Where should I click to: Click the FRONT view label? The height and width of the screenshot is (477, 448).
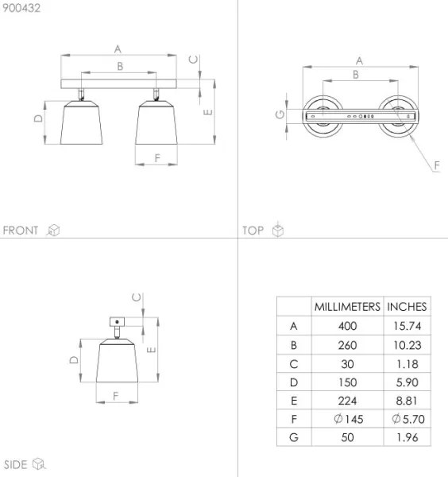pos(21,231)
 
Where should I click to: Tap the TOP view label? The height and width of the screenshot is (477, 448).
pos(253,231)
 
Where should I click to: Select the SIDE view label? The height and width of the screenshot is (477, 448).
pos(16,464)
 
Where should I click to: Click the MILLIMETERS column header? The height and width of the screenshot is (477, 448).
pos(347,306)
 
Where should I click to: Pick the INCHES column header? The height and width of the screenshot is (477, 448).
pos(407,306)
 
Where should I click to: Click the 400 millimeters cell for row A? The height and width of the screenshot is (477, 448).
pos(347,326)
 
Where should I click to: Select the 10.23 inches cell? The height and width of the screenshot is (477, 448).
pos(407,345)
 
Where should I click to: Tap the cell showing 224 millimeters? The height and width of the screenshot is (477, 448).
pos(347,401)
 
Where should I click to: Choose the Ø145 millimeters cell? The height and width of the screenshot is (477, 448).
pos(347,419)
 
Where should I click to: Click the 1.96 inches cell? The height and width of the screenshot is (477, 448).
pos(407,438)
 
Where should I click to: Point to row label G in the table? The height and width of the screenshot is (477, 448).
pos(295,438)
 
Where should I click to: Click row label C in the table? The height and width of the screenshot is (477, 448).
pos(295,363)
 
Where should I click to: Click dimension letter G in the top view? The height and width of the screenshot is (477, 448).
pos(280,114)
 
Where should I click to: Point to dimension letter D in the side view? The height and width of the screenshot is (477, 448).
pos(73,360)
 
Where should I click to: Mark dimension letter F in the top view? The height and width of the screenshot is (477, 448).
pos(436,165)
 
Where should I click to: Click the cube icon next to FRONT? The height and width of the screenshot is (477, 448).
pos(54,231)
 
